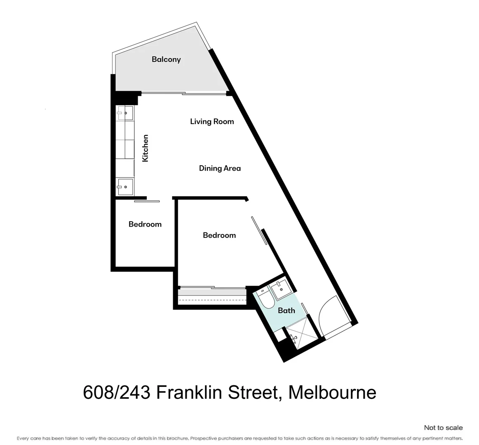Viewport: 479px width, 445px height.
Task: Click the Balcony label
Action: (x=166, y=59)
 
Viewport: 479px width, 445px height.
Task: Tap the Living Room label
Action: (x=212, y=122)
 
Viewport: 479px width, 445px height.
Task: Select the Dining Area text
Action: (x=220, y=168)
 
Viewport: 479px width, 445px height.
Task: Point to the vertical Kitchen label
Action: (x=146, y=148)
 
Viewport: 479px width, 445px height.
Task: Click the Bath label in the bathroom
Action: (x=286, y=311)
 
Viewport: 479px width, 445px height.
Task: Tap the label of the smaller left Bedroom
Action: (x=145, y=224)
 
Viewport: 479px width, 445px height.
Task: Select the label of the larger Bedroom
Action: (x=219, y=235)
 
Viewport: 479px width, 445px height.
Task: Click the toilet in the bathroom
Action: (x=265, y=298)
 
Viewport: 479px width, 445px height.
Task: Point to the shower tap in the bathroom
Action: (x=294, y=338)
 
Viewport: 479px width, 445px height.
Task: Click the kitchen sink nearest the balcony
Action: (x=125, y=113)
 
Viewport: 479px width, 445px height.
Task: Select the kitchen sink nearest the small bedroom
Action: (x=125, y=187)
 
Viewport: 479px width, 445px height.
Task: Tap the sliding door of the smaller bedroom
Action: (x=147, y=201)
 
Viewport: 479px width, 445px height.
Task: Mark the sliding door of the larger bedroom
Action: (x=259, y=231)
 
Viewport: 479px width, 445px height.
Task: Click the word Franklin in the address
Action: (x=188, y=393)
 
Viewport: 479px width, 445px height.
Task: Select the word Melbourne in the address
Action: (x=332, y=393)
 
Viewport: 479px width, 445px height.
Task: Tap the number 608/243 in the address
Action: (x=117, y=393)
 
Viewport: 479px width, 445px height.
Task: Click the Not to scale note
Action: (x=443, y=428)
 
